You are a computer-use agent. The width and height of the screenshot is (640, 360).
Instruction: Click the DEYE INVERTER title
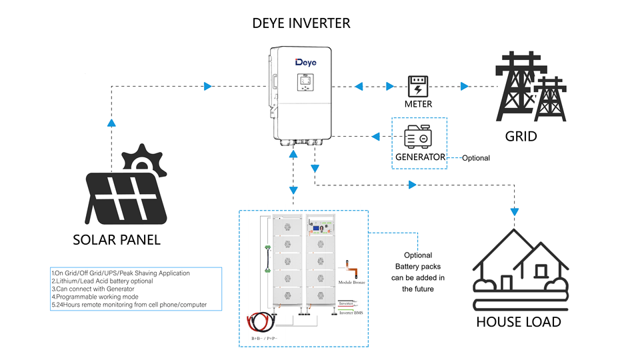coord(301,23)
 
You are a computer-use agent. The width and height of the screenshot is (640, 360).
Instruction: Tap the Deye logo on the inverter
coord(306,62)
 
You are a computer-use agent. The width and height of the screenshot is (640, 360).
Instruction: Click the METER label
coord(418,104)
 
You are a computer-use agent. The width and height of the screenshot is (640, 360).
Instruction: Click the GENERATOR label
coord(420,157)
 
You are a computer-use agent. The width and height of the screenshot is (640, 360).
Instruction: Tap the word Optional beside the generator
coord(475,158)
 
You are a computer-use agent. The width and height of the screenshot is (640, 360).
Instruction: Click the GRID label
coord(521,137)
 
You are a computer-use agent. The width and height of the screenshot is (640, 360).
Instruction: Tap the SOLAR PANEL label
coord(117,239)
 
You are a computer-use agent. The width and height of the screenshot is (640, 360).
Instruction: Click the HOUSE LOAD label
coord(519,322)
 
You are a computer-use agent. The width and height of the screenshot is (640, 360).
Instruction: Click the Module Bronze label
coord(352,283)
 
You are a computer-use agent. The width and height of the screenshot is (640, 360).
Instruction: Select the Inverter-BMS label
coord(351,312)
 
